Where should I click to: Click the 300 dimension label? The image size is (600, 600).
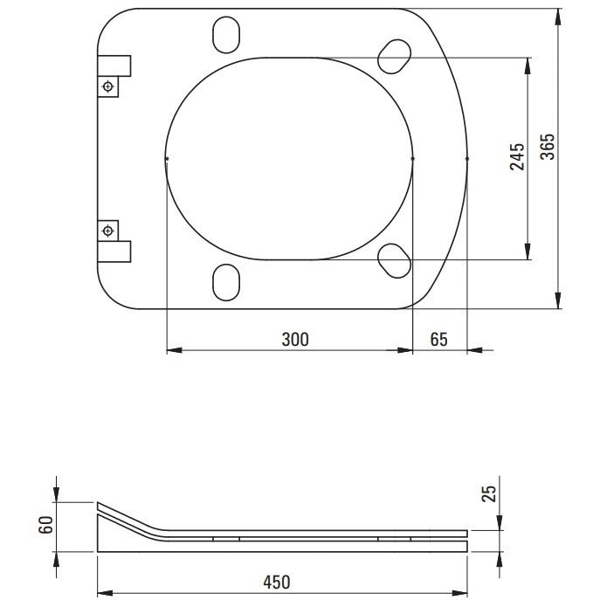295,340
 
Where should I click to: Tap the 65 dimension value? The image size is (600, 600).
438,340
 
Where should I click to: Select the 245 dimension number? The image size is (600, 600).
517,156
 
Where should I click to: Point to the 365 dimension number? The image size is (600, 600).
547,147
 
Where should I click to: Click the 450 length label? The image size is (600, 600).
277,582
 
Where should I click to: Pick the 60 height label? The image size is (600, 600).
45,525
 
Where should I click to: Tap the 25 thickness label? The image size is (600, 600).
489,493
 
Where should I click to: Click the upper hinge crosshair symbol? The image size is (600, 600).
108,86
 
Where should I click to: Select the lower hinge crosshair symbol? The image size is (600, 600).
108,231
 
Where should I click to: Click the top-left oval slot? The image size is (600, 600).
226,35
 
